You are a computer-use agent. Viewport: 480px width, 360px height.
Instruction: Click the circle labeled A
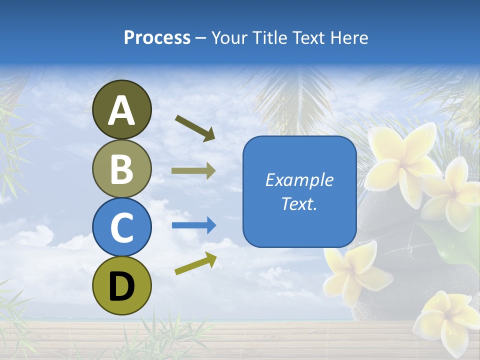pos(122,109)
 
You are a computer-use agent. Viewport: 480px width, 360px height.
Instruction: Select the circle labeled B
pos(122,168)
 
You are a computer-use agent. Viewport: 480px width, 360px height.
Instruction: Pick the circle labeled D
pos(122,285)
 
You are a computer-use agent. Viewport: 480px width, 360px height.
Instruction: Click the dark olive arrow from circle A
pos(195,128)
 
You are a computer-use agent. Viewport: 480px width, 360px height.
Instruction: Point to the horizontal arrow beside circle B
pos(193,171)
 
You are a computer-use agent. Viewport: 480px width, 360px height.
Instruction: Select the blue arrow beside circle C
pos(193,225)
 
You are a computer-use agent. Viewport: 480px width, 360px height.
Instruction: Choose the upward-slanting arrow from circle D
pos(195,263)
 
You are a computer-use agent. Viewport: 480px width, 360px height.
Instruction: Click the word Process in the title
pos(157,37)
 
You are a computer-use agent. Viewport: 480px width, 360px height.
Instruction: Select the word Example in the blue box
pos(299,180)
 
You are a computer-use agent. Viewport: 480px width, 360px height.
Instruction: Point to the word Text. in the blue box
pos(299,203)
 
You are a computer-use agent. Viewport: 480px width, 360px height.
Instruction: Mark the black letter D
pos(122,286)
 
